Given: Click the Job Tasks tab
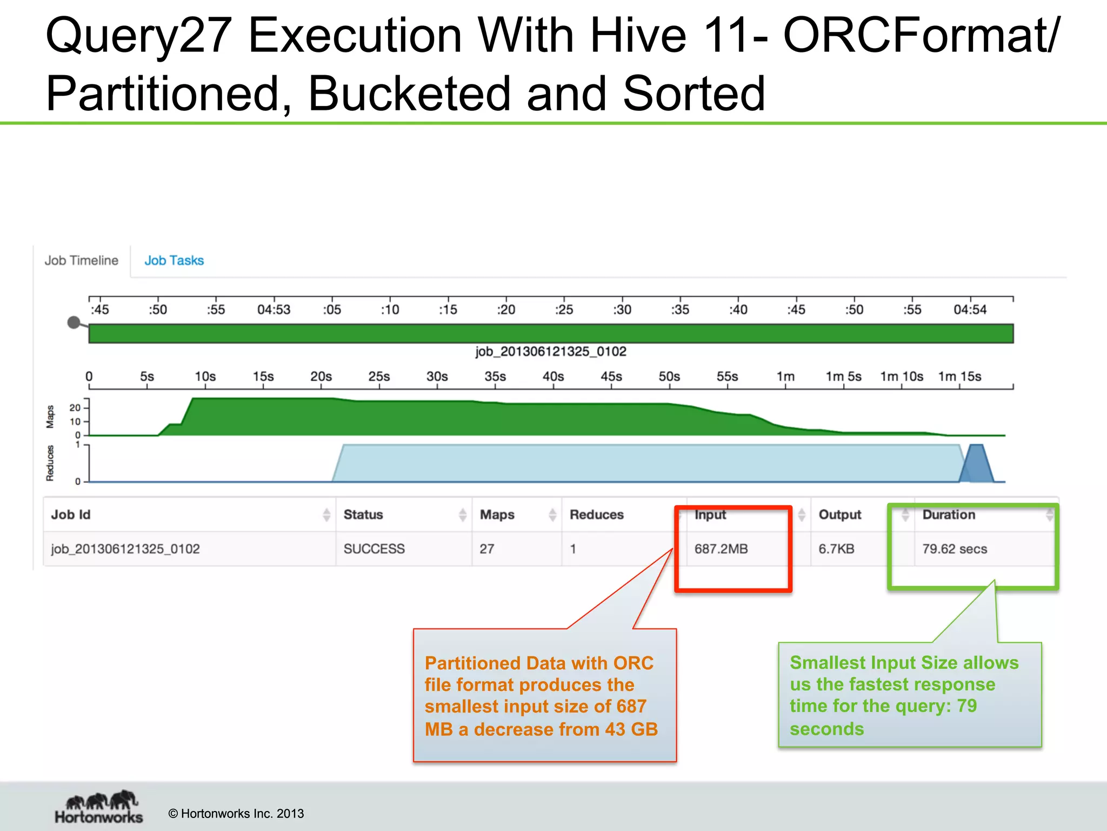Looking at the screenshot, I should click(x=174, y=260).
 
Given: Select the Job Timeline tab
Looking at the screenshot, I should click(x=81, y=260).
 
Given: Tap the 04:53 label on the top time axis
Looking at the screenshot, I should click(x=274, y=309).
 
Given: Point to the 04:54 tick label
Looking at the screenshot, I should click(x=970, y=309).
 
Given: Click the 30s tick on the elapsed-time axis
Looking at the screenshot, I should click(x=437, y=377).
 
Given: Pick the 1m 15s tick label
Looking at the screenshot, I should click(x=959, y=377).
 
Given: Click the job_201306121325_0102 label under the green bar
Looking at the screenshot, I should click(x=551, y=352).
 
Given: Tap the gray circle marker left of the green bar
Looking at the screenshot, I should click(x=74, y=323).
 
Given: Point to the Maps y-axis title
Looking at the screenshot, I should click(x=50, y=417).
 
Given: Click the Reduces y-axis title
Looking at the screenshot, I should click(x=50, y=463).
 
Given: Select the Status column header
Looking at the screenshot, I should click(x=363, y=515).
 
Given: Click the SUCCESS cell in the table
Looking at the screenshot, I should click(x=374, y=549).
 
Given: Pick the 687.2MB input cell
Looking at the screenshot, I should click(x=721, y=549).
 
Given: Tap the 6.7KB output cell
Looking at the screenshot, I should click(x=836, y=549).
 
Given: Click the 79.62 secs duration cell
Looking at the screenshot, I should click(x=955, y=549).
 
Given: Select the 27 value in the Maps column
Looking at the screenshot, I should click(x=486, y=549).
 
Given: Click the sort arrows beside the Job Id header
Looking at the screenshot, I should click(x=326, y=515).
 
